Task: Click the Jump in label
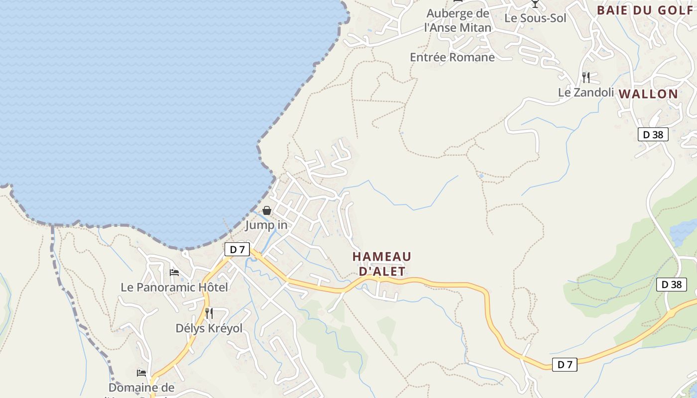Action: pyautogui.click(x=266, y=225)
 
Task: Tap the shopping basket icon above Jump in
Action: pyautogui.click(x=267, y=210)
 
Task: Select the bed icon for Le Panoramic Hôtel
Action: pyautogui.click(x=174, y=272)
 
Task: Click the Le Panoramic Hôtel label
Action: pyautogui.click(x=174, y=287)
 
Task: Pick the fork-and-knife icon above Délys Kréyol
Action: pyautogui.click(x=209, y=313)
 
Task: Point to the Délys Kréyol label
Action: pyautogui.click(x=209, y=328)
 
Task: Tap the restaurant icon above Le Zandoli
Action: pyautogui.click(x=586, y=77)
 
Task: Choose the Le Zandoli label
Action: pyautogui.click(x=586, y=92)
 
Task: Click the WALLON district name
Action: pyautogui.click(x=648, y=94)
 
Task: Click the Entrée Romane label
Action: pyautogui.click(x=452, y=57)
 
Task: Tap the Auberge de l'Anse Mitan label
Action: pyautogui.click(x=458, y=20)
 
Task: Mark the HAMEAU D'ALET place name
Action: pyautogui.click(x=382, y=264)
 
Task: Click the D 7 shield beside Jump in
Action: pyautogui.click(x=237, y=249)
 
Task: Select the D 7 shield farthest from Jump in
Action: pyautogui.click(x=565, y=365)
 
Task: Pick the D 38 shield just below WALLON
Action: pyautogui.click(x=653, y=134)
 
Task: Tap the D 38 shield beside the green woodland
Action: pyautogui.click(x=672, y=285)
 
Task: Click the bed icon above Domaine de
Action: pyautogui.click(x=142, y=373)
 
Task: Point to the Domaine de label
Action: pyautogui.click(x=141, y=388)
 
